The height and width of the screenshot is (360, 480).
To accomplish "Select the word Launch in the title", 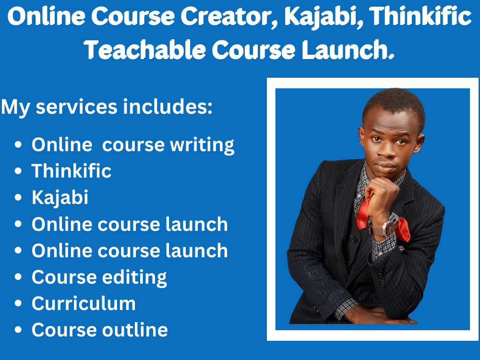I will (x=343, y=50).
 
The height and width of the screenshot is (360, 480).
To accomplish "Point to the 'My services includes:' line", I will (x=107, y=107).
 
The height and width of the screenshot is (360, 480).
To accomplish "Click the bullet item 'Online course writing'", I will (x=133, y=144).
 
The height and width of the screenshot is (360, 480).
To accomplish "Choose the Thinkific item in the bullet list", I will (x=72, y=171).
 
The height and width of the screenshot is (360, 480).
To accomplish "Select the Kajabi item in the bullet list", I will (x=60, y=197).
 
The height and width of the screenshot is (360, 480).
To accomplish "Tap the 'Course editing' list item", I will (x=99, y=277).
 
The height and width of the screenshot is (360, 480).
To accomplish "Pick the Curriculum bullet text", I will (x=84, y=303).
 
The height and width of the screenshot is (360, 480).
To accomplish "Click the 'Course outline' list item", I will (x=100, y=330).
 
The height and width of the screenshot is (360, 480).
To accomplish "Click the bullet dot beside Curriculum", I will (x=18, y=304).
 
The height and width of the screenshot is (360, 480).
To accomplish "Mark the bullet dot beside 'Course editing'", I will (x=18, y=277).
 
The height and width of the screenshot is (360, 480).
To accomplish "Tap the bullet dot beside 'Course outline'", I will (x=18, y=330).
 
